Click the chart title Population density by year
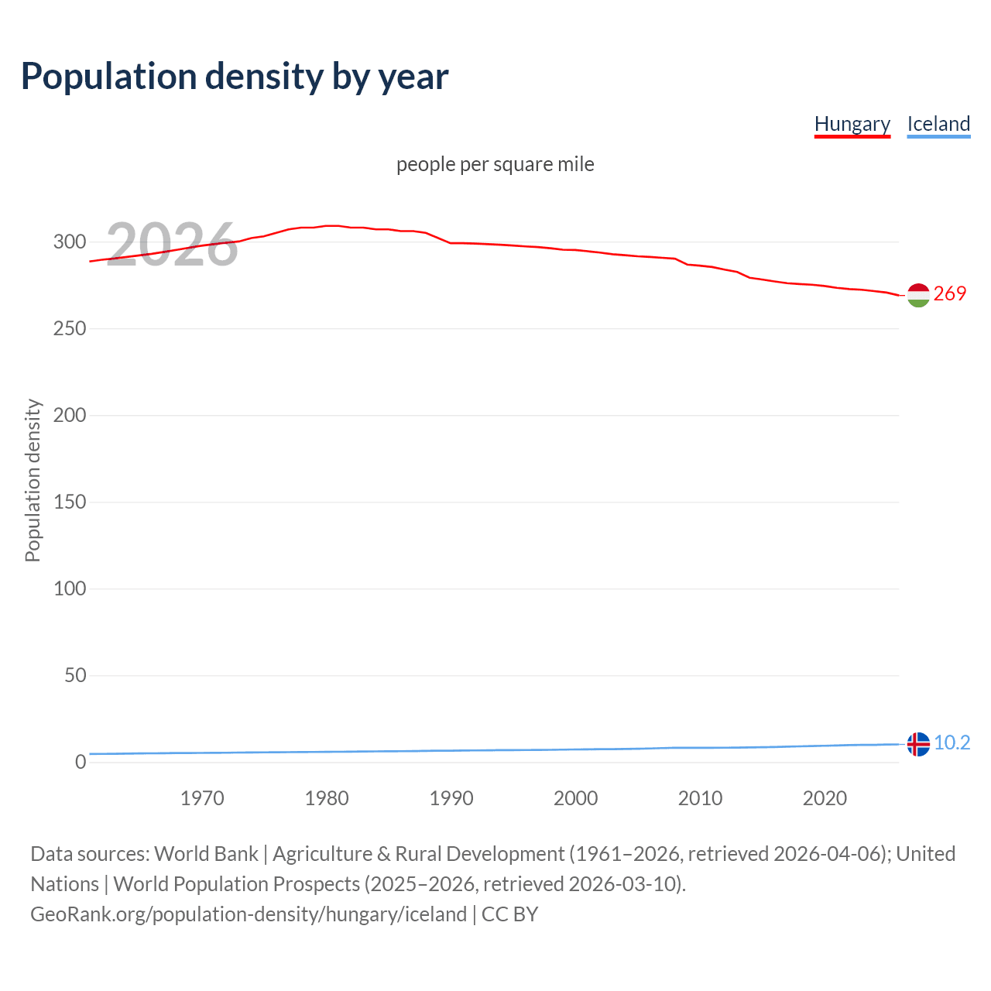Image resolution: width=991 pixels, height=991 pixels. point(235,77)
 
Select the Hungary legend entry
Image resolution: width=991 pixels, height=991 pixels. point(852,125)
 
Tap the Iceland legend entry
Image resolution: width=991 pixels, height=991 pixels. point(938,125)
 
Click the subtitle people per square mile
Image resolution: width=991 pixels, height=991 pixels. point(495,164)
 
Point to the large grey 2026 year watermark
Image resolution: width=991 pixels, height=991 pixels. point(172,245)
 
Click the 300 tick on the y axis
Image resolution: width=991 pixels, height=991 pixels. point(70,242)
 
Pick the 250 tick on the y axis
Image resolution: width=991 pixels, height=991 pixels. point(70,329)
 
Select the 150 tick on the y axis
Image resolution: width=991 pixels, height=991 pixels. point(70,502)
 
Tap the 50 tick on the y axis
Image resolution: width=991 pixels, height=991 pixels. point(75,676)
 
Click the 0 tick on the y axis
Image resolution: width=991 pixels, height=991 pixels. point(81,763)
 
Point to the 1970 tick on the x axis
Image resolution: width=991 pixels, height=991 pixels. point(202,798)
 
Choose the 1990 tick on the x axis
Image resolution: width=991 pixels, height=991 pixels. point(451,798)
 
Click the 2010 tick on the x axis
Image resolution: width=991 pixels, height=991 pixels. point(700,798)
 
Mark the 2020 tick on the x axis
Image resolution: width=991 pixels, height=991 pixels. point(825,798)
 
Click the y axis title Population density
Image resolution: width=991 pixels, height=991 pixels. point(33,480)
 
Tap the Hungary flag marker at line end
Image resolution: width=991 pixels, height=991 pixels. point(918,295)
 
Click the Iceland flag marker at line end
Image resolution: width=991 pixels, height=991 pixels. point(918,744)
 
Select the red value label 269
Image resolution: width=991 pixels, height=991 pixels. point(950,293)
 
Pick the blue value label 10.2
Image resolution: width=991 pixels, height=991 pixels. point(952,742)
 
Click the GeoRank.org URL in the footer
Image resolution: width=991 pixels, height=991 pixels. point(249,914)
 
